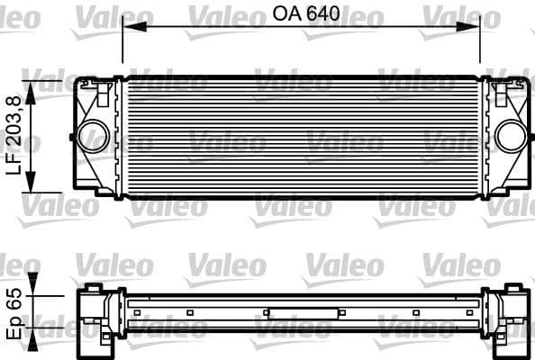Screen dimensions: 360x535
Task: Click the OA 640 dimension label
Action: point(301,14)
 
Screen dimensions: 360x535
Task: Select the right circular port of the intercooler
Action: point(510,136)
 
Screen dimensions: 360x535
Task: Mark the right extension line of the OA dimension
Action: point(480,45)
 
